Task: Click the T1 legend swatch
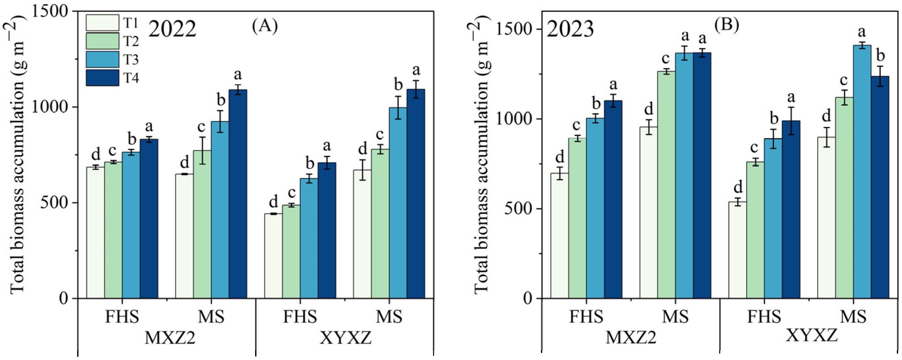point(102,23)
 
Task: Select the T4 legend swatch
point(102,77)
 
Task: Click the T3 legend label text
point(130,59)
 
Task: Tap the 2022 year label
point(172,29)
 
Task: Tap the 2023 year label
point(570,29)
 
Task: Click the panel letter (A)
point(265,26)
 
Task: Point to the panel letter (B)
point(727,26)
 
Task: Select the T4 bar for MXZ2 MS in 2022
point(238,194)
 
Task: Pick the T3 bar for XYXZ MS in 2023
point(862,171)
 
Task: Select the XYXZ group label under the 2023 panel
point(811,335)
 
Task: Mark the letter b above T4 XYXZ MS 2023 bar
point(880,56)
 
